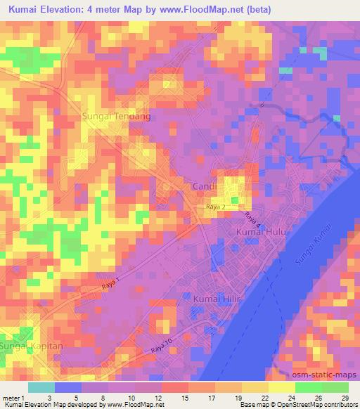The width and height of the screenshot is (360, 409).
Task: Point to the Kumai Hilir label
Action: pos(215,299)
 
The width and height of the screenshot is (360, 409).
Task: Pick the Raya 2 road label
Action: pos(215,207)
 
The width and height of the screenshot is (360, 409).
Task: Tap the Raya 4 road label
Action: pos(252,219)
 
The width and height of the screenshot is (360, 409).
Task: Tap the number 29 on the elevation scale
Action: pos(345,398)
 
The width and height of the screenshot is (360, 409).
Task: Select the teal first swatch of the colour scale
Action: pos(41,387)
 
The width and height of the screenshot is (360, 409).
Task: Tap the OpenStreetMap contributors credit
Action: pos(323,405)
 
